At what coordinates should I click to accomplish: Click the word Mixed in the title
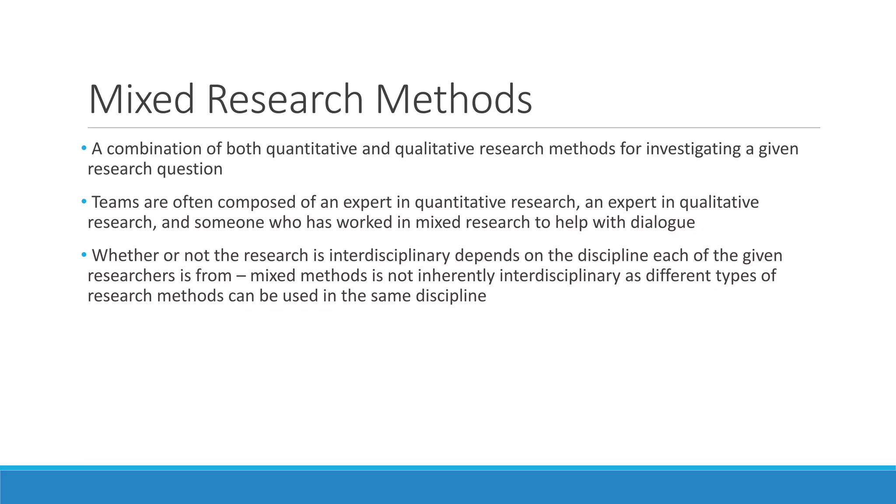click(141, 99)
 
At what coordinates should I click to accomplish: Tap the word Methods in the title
click(454, 99)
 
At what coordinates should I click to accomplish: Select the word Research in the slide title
click(285, 99)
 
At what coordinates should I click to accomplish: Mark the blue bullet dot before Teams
click(84, 202)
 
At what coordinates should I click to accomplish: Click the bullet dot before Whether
click(84, 255)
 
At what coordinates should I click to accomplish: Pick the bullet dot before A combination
click(84, 148)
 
